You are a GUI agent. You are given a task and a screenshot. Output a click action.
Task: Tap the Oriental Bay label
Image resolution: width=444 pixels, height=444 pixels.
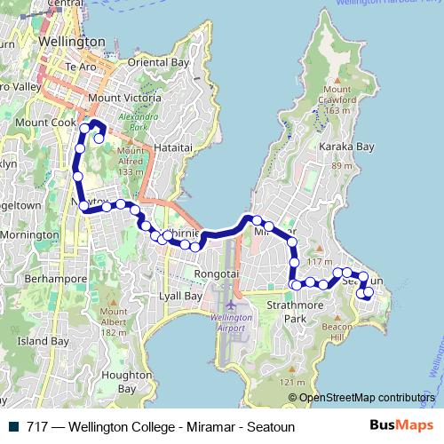click(x=159, y=63)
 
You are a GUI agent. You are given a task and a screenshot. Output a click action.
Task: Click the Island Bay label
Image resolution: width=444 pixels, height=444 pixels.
click(x=43, y=340)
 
